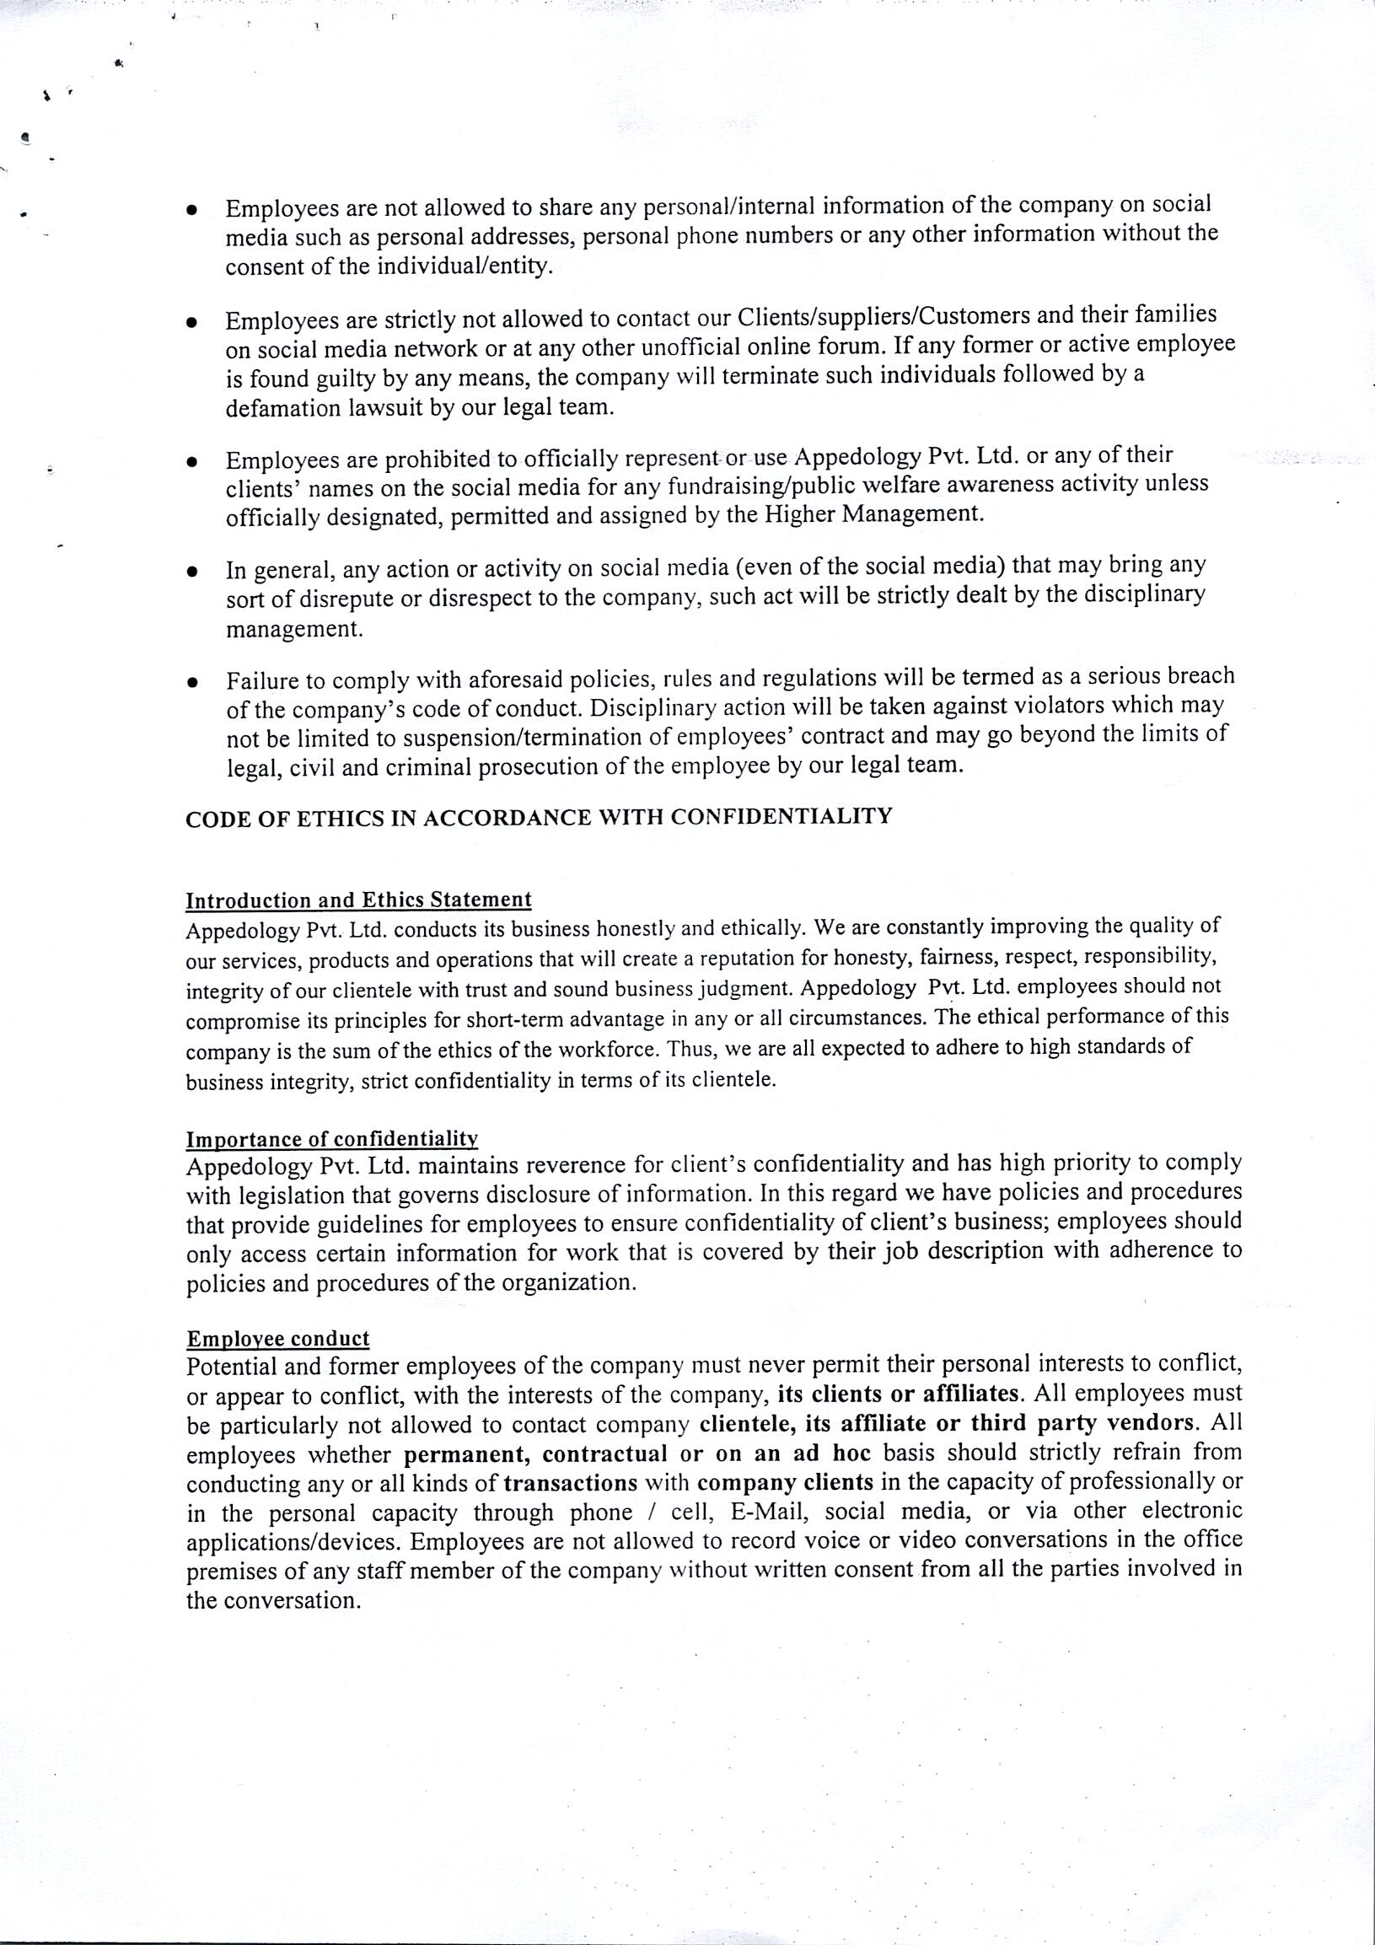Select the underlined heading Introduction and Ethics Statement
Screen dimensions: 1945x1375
point(358,900)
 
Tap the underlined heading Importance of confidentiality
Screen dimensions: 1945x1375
point(332,1138)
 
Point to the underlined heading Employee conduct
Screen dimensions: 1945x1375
point(278,1339)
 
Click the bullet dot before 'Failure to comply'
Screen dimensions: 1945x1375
point(193,682)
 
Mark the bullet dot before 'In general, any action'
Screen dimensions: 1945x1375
point(193,572)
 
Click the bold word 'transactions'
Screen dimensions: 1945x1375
point(570,1482)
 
